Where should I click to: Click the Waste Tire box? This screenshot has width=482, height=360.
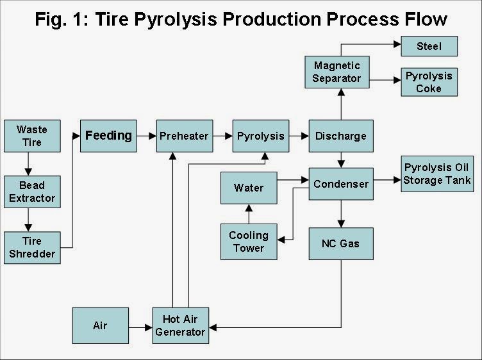click(x=32, y=135)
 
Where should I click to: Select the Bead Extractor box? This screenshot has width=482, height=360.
click(x=32, y=191)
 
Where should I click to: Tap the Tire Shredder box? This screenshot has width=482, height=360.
click(x=32, y=247)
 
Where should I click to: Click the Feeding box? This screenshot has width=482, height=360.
click(x=108, y=135)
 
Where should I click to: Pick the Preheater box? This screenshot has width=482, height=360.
click(x=185, y=136)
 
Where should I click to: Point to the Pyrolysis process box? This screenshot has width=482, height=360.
click(x=260, y=136)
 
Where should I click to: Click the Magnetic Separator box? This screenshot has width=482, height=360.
click(x=337, y=72)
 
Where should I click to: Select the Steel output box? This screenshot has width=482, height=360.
click(x=429, y=46)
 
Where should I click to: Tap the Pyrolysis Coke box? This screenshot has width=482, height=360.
click(x=429, y=82)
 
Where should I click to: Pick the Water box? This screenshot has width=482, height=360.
click(x=249, y=188)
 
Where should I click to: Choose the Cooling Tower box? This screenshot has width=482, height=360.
click(x=249, y=241)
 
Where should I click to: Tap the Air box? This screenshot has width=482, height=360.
click(x=100, y=325)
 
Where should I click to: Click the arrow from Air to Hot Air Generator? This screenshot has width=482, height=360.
click(x=140, y=326)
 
